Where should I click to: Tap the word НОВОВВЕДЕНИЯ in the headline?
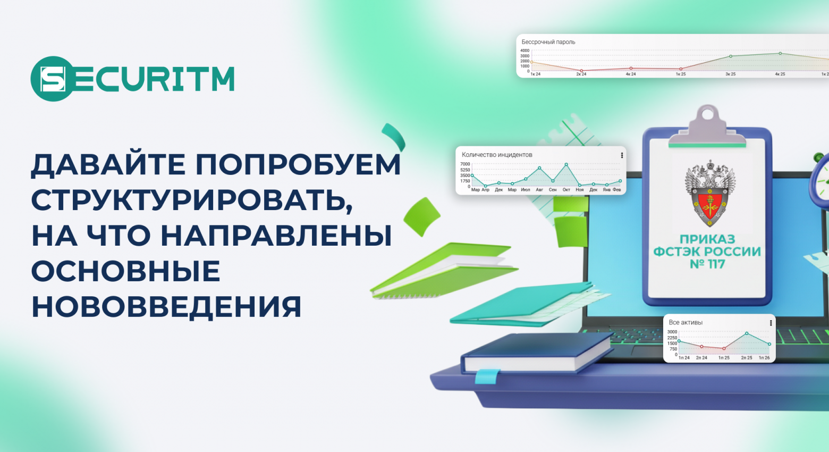coord(166,307)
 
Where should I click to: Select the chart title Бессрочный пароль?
coord(548,42)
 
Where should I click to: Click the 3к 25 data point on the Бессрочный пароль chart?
coord(731,56)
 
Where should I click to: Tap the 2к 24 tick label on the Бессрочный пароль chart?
coord(581,74)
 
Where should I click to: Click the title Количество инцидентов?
coord(497,155)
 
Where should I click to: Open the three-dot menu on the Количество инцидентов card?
coord(622,155)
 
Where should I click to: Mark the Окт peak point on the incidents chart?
coord(566,164)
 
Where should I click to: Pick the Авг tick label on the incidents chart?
coord(539,190)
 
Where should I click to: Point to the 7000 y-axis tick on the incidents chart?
coord(465,164)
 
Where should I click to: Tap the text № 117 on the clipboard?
coord(707,264)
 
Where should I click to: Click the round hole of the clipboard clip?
coord(707,113)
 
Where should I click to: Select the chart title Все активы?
coord(686,323)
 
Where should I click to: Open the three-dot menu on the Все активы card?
coord(771,323)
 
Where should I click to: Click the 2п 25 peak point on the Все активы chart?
coord(747,333)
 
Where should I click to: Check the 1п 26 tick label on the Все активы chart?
coord(764,358)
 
